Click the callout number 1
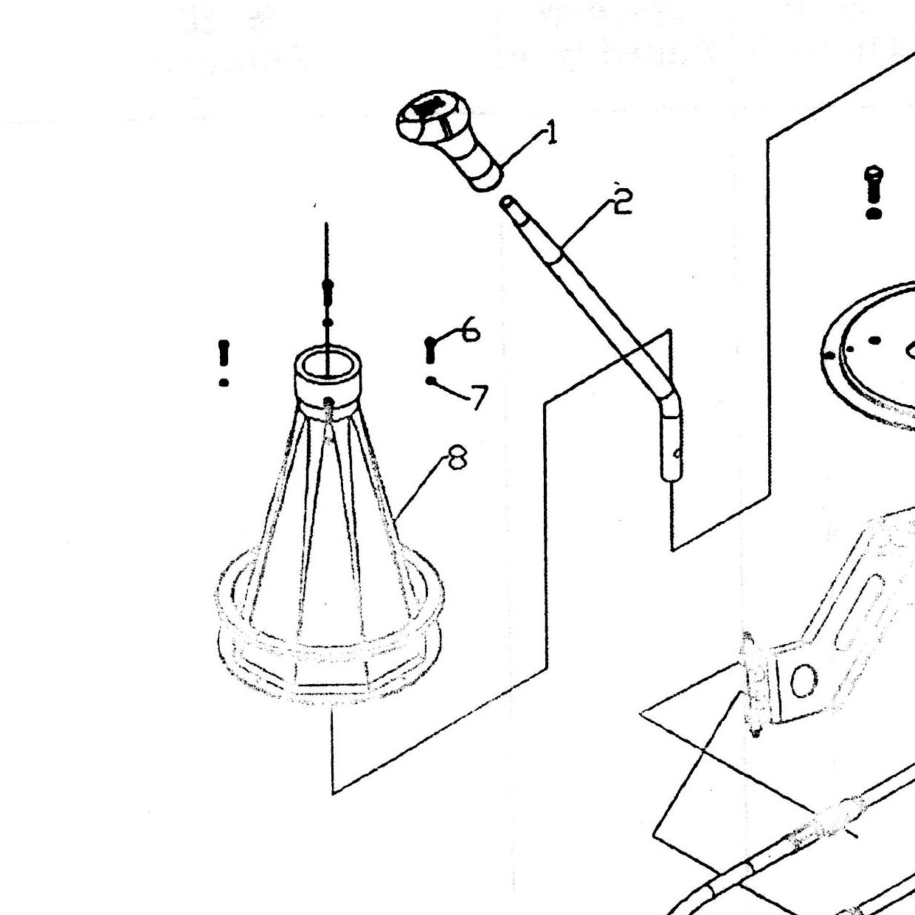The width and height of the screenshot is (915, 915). [x=550, y=133]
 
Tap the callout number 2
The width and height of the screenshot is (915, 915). [x=623, y=201]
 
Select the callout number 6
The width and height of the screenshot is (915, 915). [x=469, y=329]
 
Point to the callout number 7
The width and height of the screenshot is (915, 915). [x=479, y=396]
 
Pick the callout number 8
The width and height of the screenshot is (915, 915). [x=457, y=457]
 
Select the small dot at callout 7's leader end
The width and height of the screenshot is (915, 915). [x=431, y=380]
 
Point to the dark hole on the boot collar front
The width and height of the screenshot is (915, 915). [x=328, y=404]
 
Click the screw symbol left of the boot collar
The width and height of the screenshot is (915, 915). [x=224, y=362]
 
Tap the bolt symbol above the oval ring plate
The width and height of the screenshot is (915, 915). [x=874, y=193]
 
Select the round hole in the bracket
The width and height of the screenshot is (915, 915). [x=803, y=681]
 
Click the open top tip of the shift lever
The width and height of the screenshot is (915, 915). [x=507, y=201]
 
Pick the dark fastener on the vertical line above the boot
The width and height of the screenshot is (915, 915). [x=328, y=292]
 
